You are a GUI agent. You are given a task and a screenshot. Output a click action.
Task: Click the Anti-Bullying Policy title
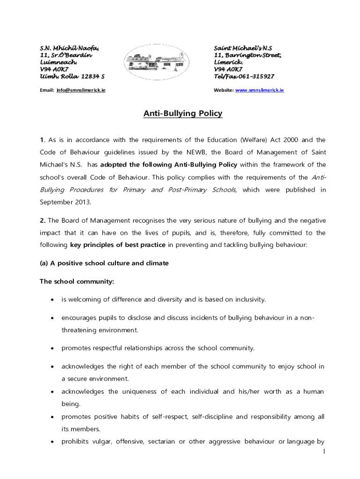coord(182,114)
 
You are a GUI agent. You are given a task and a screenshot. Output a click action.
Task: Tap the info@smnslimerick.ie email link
coord(80,90)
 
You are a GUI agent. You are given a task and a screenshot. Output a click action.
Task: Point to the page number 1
coord(324,451)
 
